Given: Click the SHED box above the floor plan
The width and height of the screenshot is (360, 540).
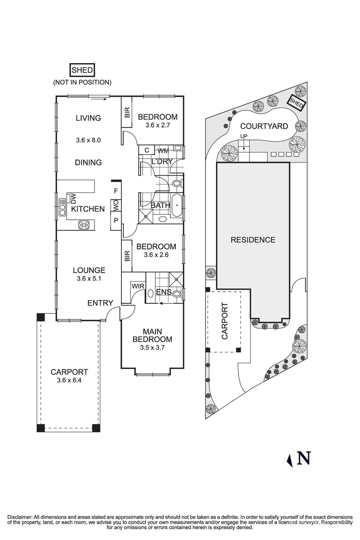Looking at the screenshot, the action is [x=82, y=70].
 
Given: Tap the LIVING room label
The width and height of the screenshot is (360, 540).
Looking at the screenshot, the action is [x=88, y=118].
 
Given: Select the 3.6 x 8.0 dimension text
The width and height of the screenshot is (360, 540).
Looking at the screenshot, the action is [x=88, y=140].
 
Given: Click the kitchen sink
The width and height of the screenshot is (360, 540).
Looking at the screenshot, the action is [x=62, y=207].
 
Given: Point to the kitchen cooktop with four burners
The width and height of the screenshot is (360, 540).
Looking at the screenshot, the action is [x=84, y=225].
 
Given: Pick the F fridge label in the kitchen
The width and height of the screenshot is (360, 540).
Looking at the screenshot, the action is [x=116, y=191].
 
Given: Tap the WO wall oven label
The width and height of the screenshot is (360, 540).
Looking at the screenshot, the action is [x=116, y=206].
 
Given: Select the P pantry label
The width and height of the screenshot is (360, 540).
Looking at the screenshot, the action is [x=116, y=220].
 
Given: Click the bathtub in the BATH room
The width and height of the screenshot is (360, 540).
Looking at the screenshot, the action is [x=177, y=205].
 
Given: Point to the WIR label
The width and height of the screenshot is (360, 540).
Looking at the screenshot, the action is [x=138, y=286].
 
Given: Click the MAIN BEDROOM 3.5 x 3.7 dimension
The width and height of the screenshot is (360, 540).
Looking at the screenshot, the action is [x=152, y=347].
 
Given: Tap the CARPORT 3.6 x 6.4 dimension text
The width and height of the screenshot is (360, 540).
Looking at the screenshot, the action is [x=69, y=380].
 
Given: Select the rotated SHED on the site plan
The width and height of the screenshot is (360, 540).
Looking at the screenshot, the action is [x=296, y=103].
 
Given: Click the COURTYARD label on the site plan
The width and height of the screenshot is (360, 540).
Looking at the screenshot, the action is [x=264, y=126].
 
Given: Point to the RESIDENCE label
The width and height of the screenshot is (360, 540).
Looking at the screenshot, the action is [x=253, y=240].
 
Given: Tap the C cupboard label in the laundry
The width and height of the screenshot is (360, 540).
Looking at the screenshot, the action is [x=147, y=150].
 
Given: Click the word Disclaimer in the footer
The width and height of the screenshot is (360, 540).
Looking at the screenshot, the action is [x=20, y=517].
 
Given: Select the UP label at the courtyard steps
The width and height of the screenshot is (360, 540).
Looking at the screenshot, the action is [x=244, y=136].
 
